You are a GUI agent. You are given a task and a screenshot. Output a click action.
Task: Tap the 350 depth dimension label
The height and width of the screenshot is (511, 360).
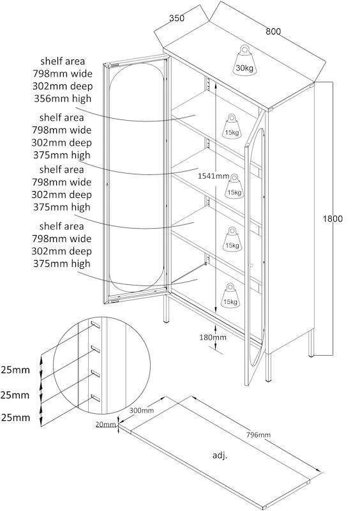tap(177, 18)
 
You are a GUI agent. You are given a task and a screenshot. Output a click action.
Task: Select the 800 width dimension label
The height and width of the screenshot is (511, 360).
tap(273, 31)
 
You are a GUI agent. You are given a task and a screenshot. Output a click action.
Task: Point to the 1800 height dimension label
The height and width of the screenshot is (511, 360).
tap(333, 218)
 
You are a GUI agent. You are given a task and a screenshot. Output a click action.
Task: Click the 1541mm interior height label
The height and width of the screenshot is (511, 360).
tap(214, 176)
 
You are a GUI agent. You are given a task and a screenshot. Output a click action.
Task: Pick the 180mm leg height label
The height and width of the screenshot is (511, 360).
tap(213, 337)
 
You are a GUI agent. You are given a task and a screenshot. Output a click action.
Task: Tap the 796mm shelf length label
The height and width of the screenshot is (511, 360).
tap(259, 434)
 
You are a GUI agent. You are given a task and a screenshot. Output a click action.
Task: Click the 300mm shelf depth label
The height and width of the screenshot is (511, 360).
tap(142, 410)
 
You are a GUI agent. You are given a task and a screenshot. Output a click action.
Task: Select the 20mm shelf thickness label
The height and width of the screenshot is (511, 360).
tap(106, 424)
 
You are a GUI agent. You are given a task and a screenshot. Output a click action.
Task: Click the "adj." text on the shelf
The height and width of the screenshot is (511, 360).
tap(220, 455)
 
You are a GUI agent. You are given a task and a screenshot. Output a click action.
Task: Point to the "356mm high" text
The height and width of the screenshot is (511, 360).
tap(63, 98)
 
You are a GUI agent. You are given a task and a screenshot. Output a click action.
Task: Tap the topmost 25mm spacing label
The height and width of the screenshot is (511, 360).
tap(15, 370)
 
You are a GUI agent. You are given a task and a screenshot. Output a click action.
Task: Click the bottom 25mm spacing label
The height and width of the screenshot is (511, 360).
tap(15, 418)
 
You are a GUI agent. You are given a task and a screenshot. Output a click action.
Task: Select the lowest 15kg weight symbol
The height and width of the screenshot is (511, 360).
tap(230, 295)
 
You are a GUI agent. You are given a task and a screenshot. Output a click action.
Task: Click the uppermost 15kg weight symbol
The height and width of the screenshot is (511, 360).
tap(232, 126)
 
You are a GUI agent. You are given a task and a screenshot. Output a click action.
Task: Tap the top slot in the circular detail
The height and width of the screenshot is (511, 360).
tap(96, 324)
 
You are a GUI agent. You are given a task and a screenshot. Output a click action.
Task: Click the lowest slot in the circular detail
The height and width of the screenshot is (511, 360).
tap(95, 397)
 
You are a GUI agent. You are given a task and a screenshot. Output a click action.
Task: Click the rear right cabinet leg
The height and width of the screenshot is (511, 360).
tap(311, 344)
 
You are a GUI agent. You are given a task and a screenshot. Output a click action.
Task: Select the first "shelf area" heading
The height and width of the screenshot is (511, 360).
tap(63, 61)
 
